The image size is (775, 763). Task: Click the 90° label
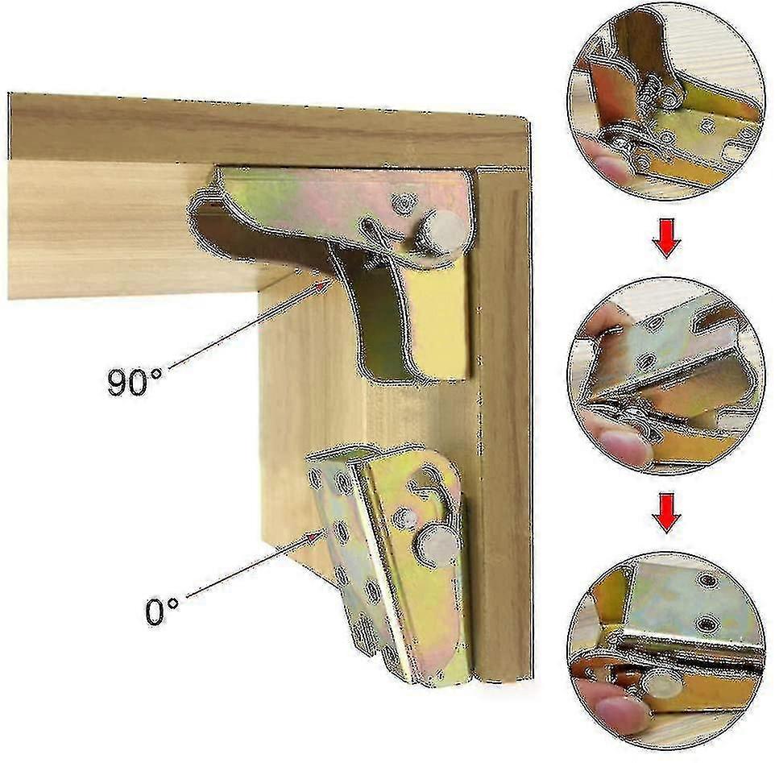click(135, 381)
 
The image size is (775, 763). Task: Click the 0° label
click(162, 612)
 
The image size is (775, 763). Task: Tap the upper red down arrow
click(666, 239)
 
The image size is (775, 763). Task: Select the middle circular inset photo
click(665, 376)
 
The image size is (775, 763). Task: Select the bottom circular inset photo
click(665, 650)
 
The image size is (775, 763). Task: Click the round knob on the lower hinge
click(438, 545)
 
